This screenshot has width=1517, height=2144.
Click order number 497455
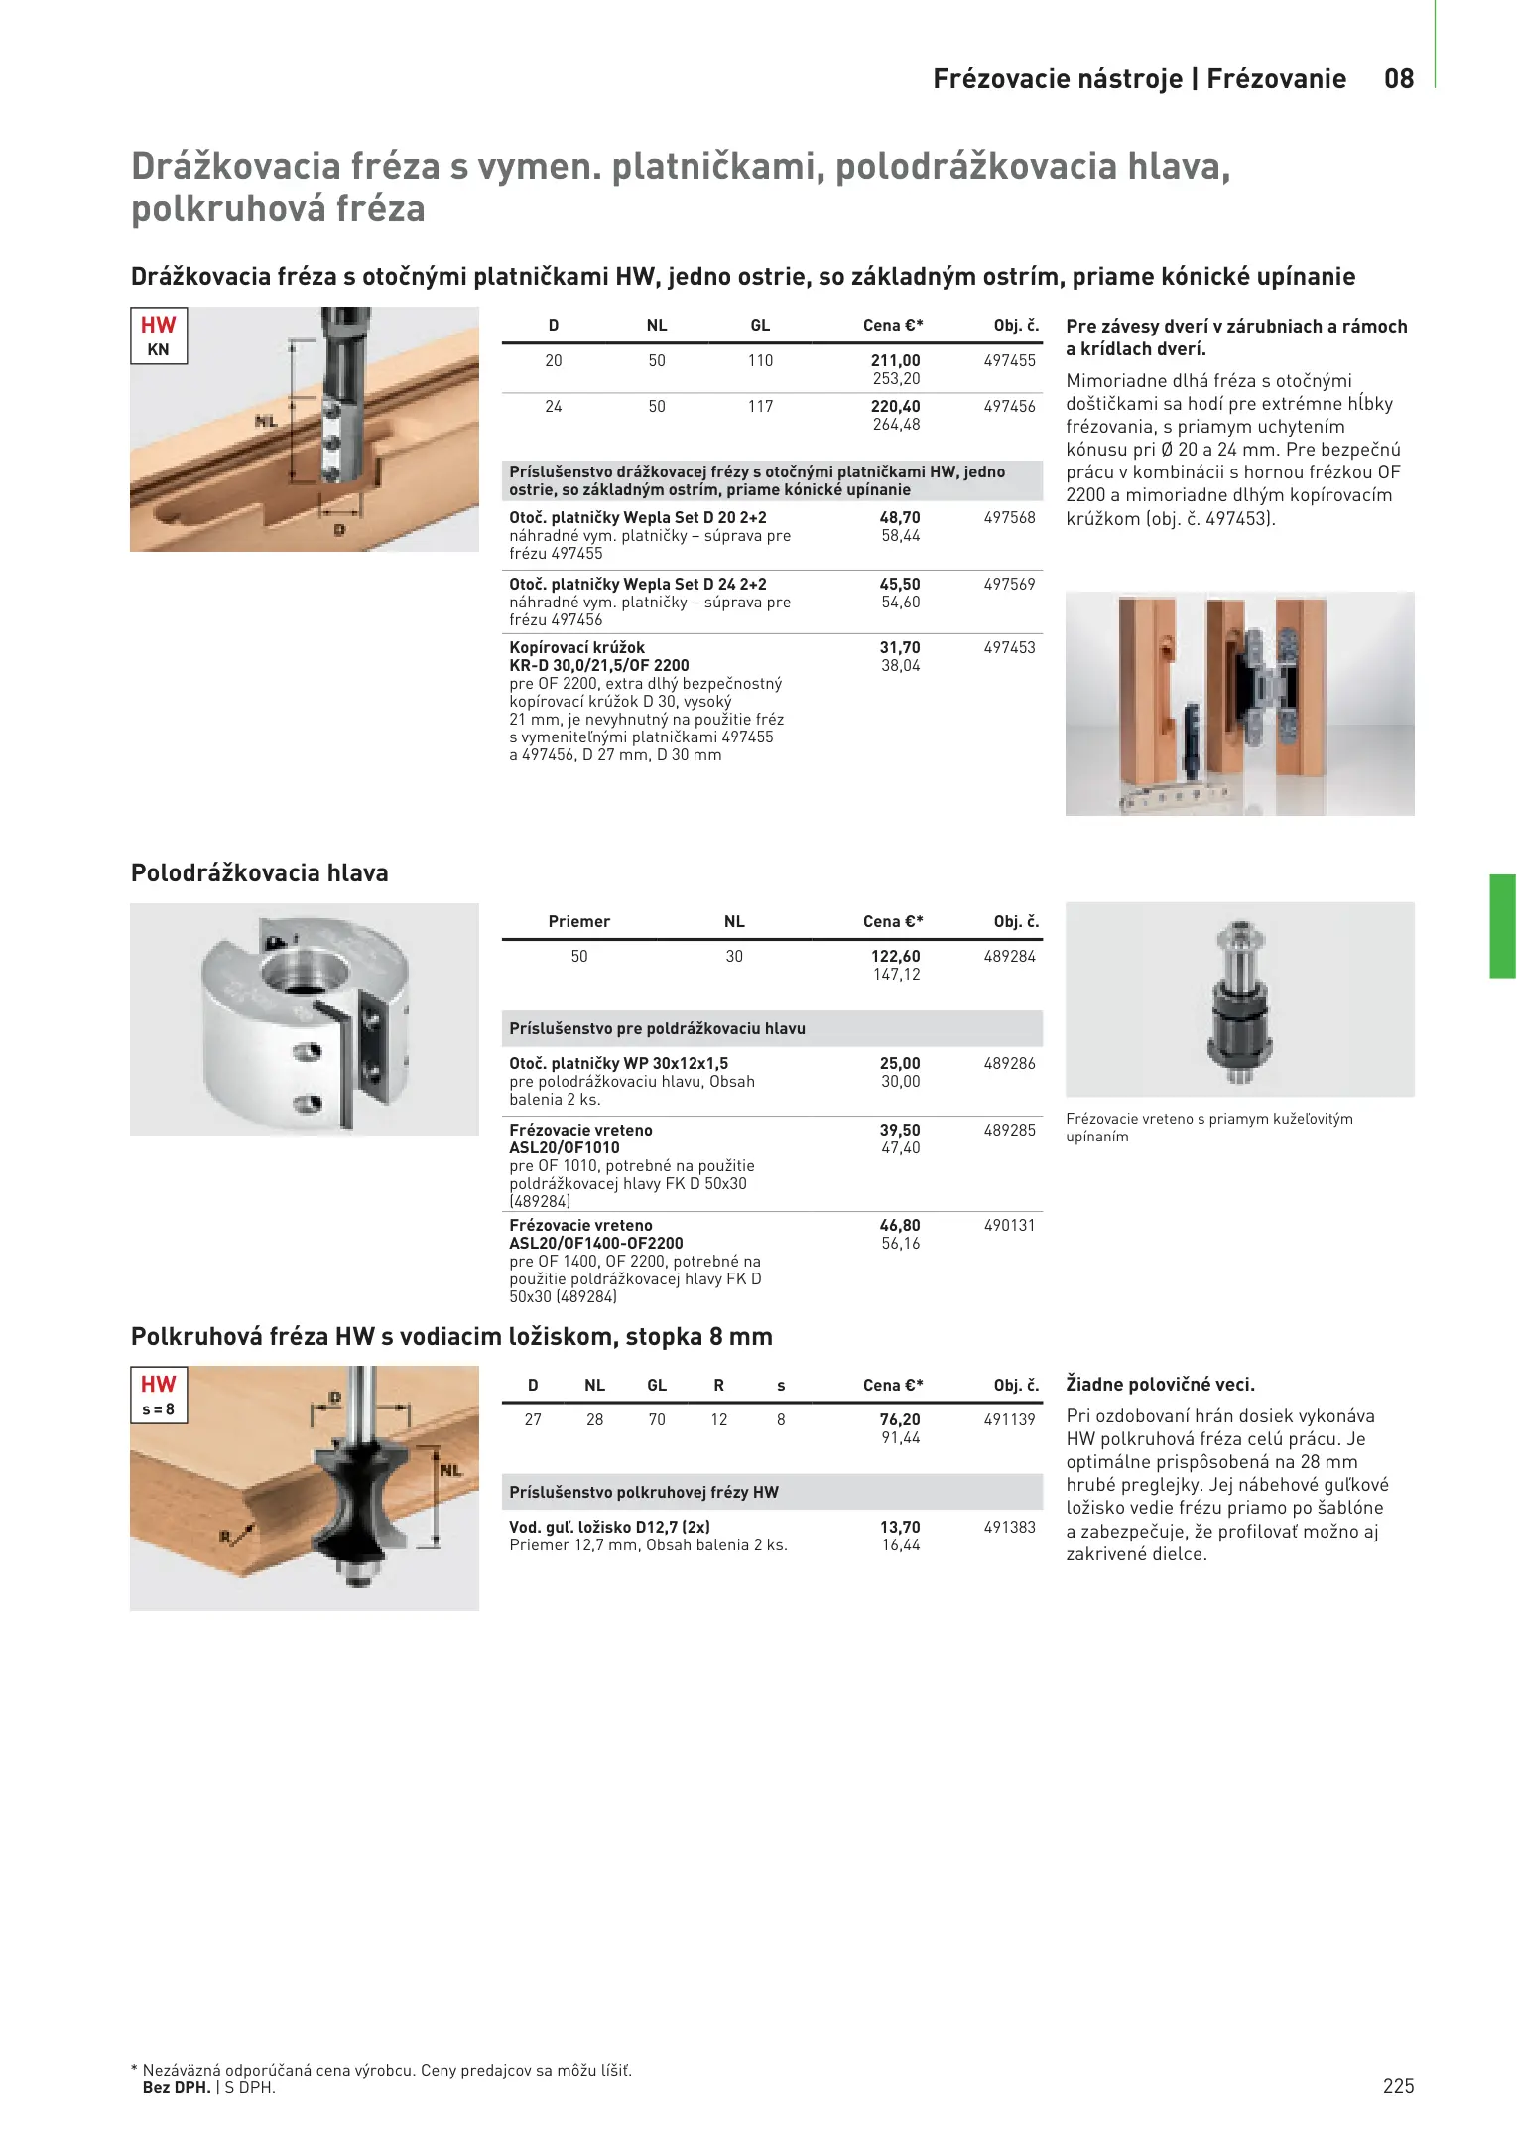(1009, 361)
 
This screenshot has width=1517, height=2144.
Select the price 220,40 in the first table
(896, 407)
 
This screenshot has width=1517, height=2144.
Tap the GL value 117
(760, 407)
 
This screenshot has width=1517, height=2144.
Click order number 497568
(1009, 518)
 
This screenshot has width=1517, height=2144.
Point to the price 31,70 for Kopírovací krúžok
(900, 648)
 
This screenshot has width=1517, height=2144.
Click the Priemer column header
(579, 922)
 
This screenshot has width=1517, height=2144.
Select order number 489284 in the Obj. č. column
(1009, 957)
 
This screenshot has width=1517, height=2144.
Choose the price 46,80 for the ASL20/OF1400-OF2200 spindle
(900, 1226)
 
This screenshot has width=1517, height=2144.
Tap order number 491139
(1009, 1420)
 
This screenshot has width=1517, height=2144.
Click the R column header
(719, 1386)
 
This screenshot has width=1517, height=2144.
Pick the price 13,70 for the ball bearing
(900, 1528)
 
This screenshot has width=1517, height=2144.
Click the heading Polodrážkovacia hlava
(260, 873)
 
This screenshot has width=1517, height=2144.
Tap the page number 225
(1398, 2086)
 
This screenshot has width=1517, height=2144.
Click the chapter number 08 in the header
(1399, 79)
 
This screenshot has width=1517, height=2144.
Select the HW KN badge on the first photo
(159, 335)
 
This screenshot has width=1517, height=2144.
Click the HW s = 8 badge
(159, 1395)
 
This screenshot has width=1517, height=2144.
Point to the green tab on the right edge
(1502, 926)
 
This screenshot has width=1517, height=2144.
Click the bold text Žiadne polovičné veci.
(1160, 1385)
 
